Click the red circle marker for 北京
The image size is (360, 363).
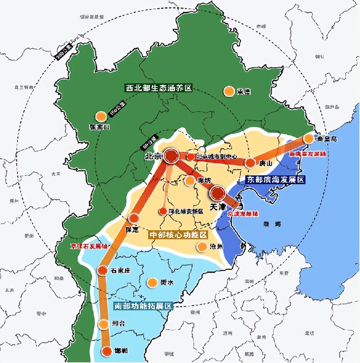[171, 156]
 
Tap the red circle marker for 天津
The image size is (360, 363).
[218, 193]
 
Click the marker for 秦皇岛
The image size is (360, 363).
[309, 139]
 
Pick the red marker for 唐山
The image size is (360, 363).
[250, 163]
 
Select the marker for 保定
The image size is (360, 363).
[134, 218]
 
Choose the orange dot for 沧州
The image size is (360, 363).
[202, 247]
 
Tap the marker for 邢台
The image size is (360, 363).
[103, 324]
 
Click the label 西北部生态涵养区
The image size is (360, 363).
[159, 88]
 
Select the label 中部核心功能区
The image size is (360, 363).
[178, 235]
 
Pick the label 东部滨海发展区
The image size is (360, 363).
[276, 180]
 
